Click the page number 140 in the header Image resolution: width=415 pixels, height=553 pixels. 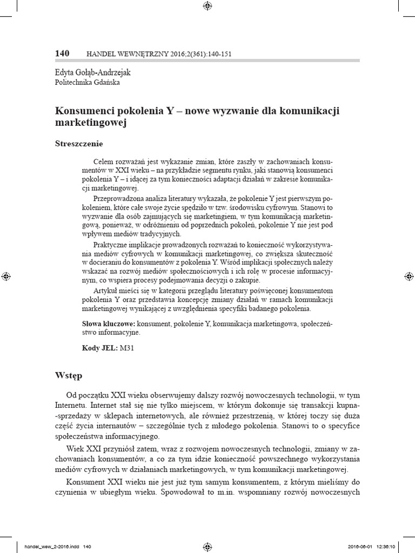(63, 53)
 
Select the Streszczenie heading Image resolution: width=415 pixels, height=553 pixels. (79, 144)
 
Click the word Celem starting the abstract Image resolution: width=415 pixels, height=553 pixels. (103, 161)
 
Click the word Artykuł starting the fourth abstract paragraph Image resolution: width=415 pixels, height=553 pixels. (106, 290)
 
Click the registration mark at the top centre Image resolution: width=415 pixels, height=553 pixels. (207, 6)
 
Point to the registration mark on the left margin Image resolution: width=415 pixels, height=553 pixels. (5, 276)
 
